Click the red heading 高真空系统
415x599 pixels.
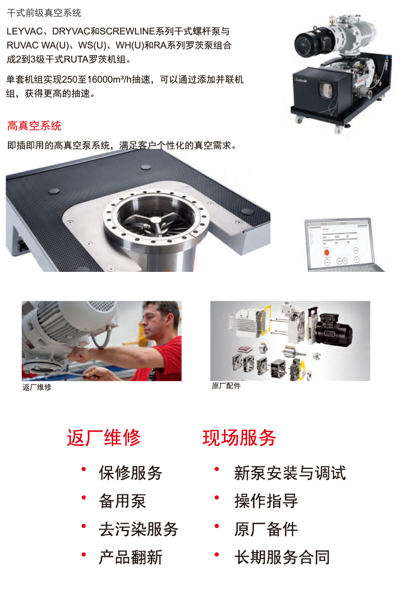(34, 126)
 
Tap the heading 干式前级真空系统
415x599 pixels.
(44, 13)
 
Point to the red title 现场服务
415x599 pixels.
(239, 438)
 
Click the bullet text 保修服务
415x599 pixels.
(130, 473)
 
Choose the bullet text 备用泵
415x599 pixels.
(123, 501)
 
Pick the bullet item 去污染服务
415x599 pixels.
(138, 529)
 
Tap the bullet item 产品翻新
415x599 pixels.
(130, 558)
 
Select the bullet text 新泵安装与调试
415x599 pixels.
(290, 473)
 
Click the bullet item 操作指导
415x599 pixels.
(266, 501)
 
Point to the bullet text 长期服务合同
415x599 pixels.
(282, 558)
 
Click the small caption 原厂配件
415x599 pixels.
(226, 386)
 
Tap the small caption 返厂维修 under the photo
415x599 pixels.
(37, 387)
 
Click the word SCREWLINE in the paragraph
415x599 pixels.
(127, 31)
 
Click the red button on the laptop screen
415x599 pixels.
(327, 253)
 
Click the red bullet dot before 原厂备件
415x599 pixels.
(217, 526)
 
